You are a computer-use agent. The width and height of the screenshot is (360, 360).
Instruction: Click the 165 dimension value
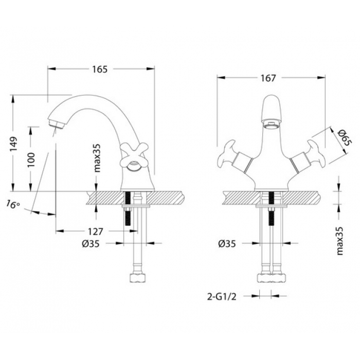100,69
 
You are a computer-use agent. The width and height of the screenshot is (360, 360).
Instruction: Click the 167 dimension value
268,78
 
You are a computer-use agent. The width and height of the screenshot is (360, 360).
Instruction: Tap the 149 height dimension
13,143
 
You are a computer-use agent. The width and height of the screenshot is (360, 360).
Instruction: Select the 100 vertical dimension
31,159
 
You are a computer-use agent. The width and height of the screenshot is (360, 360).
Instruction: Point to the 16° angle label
13,204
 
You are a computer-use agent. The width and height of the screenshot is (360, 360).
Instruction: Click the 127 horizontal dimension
95,231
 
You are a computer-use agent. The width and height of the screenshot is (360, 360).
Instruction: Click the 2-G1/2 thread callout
222,297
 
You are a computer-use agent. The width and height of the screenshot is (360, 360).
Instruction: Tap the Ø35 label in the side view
91,243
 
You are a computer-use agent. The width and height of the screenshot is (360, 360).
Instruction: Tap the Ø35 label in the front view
227,244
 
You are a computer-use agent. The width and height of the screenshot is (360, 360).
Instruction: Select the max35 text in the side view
97,158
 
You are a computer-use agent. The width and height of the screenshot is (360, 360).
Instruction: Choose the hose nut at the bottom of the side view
138,278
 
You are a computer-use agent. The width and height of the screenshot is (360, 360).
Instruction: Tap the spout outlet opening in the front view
272,125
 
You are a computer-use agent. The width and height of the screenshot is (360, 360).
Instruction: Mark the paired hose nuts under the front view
272,278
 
